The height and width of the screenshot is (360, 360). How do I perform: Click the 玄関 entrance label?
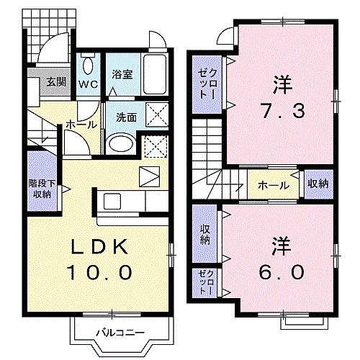tap(56, 82)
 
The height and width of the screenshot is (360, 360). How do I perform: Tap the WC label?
tap(89, 84)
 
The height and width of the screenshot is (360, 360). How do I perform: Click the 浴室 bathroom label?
tap(122, 75)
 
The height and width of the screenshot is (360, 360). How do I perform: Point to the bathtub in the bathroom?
tap(155, 74)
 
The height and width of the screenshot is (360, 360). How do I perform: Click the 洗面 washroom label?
tap(127, 117)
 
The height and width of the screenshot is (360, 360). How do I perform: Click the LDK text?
tap(99, 247)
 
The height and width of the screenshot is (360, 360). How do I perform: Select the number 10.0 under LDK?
tap(100, 273)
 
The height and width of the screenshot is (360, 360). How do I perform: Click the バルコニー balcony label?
tap(120, 333)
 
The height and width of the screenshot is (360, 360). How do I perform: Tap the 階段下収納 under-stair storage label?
tap(42, 189)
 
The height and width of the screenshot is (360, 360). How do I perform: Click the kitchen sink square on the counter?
tap(112, 201)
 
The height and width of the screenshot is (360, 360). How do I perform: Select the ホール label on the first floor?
tap(81, 125)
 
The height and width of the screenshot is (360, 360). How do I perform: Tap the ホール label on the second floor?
tap(274, 185)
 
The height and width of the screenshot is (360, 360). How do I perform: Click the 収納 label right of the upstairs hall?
tap(318, 184)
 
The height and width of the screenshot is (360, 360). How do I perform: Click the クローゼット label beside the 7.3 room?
tap(207, 84)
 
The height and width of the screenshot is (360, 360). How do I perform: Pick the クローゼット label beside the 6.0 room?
tap(206, 282)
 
